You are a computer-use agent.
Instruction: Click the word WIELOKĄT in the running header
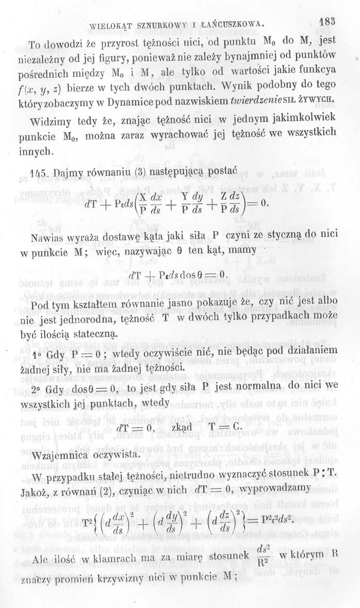[x=110, y=24]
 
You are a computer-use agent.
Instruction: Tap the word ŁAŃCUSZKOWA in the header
[x=234, y=24]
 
